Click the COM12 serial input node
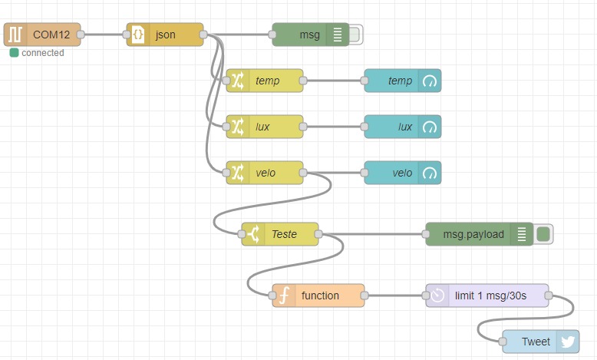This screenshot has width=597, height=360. coord(42,35)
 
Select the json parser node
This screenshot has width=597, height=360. coord(165,35)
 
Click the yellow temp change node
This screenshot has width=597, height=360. coord(266,81)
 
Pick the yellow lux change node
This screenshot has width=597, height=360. coord(266,127)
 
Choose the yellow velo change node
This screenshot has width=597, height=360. coord(266,173)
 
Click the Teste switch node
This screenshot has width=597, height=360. coord(281,234)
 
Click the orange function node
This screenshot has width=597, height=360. coord(318,296)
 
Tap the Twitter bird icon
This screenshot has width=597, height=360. coord(568,342)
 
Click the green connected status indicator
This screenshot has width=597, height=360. coord(14,53)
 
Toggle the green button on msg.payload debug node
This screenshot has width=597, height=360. coord(543,234)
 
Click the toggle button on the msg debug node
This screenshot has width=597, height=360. coord(355,35)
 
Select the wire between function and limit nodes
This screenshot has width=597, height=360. coord(395,296)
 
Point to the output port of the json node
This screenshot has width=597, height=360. coord(203,35)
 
